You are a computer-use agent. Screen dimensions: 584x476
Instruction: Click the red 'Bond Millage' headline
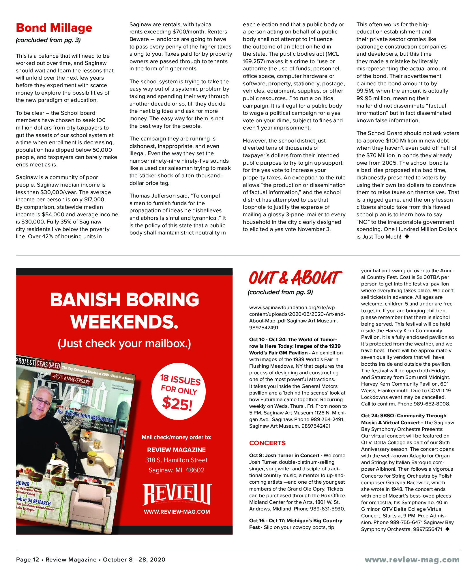click(x=54, y=28)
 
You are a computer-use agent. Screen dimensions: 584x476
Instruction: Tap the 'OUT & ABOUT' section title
click(x=295, y=278)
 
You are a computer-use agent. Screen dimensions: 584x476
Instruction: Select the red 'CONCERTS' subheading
click(x=267, y=443)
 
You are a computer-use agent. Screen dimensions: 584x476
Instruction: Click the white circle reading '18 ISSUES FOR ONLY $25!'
click(x=179, y=391)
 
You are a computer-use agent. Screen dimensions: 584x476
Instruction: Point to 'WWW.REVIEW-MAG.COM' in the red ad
click(x=177, y=512)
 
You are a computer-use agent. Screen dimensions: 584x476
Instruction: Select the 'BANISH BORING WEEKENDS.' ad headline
click(x=124, y=310)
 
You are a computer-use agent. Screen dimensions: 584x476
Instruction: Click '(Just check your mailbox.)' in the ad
click(x=124, y=343)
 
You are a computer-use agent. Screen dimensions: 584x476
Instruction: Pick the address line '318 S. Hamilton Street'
click(x=176, y=460)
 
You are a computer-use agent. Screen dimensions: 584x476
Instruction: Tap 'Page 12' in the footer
click(x=27, y=559)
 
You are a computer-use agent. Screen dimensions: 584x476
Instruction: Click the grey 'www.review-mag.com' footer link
click(x=412, y=560)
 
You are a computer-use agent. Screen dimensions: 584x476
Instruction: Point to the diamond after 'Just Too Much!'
click(x=407, y=236)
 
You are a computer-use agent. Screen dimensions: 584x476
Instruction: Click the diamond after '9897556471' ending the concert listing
click(x=447, y=529)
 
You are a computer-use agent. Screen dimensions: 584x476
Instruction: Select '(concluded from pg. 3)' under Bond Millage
click(x=48, y=40)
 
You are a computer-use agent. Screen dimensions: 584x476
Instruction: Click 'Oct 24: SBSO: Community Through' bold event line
click(x=404, y=416)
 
